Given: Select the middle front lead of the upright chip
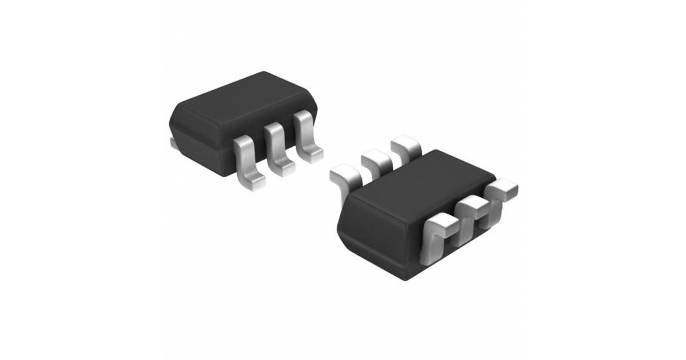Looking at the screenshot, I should point(278,150).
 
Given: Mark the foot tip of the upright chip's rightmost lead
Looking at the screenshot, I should point(313,153).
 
